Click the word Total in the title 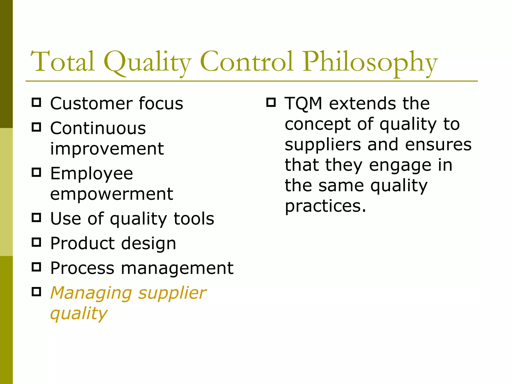(62, 61)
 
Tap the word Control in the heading (246, 61)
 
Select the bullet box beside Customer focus (36, 102)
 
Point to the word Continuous (98, 128)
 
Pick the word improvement (107, 149)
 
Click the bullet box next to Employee (36, 172)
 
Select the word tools (194, 218)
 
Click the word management (177, 268)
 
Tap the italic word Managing (91, 293)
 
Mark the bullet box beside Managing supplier (36, 291)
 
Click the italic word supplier (172, 293)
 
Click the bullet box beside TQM (271, 102)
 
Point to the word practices (325, 206)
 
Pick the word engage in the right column (400, 166)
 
